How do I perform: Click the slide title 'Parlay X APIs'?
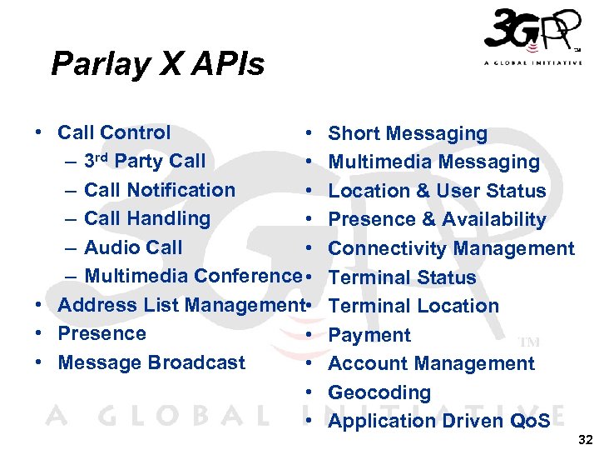pyautogui.click(x=157, y=63)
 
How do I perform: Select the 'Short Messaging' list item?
pyautogui.click(x=408, y=133)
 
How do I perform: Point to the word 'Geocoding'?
pyautogui.click(x=379, y=392)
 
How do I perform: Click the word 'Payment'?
pyautogui.click(x=369, y=335)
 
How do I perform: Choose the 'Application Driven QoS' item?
pyautogui.click(x=439, y=421)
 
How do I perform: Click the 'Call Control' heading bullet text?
pyautogui.click(x=114, y=132)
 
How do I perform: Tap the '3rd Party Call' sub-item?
pyautogui.click(x=145, y=161)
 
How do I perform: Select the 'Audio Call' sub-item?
pyautogui.click(x=133, y=247)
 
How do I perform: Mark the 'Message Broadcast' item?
pyautogui.click(x=151, y=362)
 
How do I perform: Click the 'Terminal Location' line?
pyautogui.click(x=413, y=306)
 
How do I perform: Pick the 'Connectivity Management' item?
pyautogui.click(x=451, y=248)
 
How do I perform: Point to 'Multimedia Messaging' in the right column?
pyautogui.click(x=433, y=162)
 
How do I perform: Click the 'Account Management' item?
pyautogui.click(x=431, y=363)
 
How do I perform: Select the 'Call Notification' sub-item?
pyautogui.click(x=160, y=190)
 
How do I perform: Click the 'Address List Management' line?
pyautogui.click(x=179, y=305)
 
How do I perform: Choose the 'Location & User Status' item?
pyautogui.click(x=437, y=191)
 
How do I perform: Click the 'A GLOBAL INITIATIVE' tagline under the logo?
pyautogui.click(x=532, y=62)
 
